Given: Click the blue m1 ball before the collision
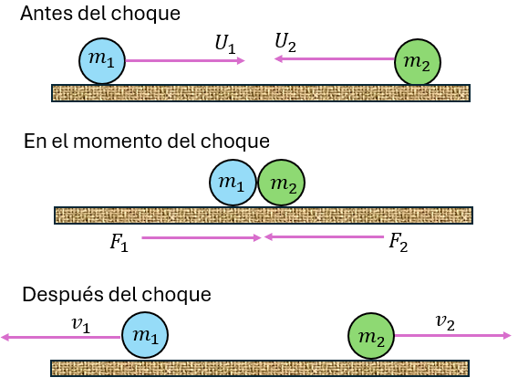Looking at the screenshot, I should pyautogui.click(x=101, y=61).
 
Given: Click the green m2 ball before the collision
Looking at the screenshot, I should pyautogui.click(x=419, y=61).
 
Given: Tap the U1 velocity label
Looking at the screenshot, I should pyautogui.click(x=223, y=43).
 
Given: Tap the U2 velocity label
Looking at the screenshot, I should pyautogui.click(x=285, y=41).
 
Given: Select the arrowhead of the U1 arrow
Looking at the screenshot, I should pyautogui.click(x=241, y=61).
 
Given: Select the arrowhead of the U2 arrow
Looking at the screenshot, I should pyautogui.click(x=276, y=60).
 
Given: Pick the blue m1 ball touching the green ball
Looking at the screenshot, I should pyautogui.click(x=233, y=184).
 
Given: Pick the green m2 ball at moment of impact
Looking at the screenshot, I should pyautogui.click(x=281, y=184).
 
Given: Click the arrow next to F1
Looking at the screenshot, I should pyautogui.click(x=201, y=237).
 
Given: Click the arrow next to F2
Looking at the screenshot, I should pyautogui.click(x=324, y=237).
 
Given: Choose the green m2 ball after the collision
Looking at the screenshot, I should pyautogui.click(x=371, y=336).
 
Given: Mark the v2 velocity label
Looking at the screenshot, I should pyautogui.click(x=445, y=321).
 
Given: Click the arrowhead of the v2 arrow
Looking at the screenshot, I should pyautogui.click(x=507, y=336).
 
